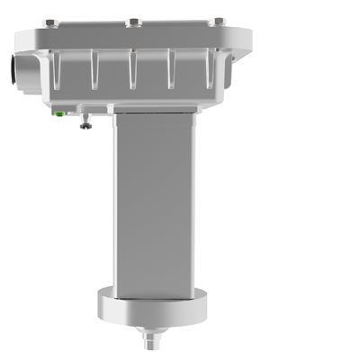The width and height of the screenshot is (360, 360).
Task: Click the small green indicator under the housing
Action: [59, 114]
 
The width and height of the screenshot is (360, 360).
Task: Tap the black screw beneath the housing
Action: [85, 123]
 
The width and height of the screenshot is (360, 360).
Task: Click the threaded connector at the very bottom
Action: [149, 343]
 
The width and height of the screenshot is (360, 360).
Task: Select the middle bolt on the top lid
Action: [132, 21]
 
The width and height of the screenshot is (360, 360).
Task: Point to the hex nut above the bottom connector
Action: [149, 331]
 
